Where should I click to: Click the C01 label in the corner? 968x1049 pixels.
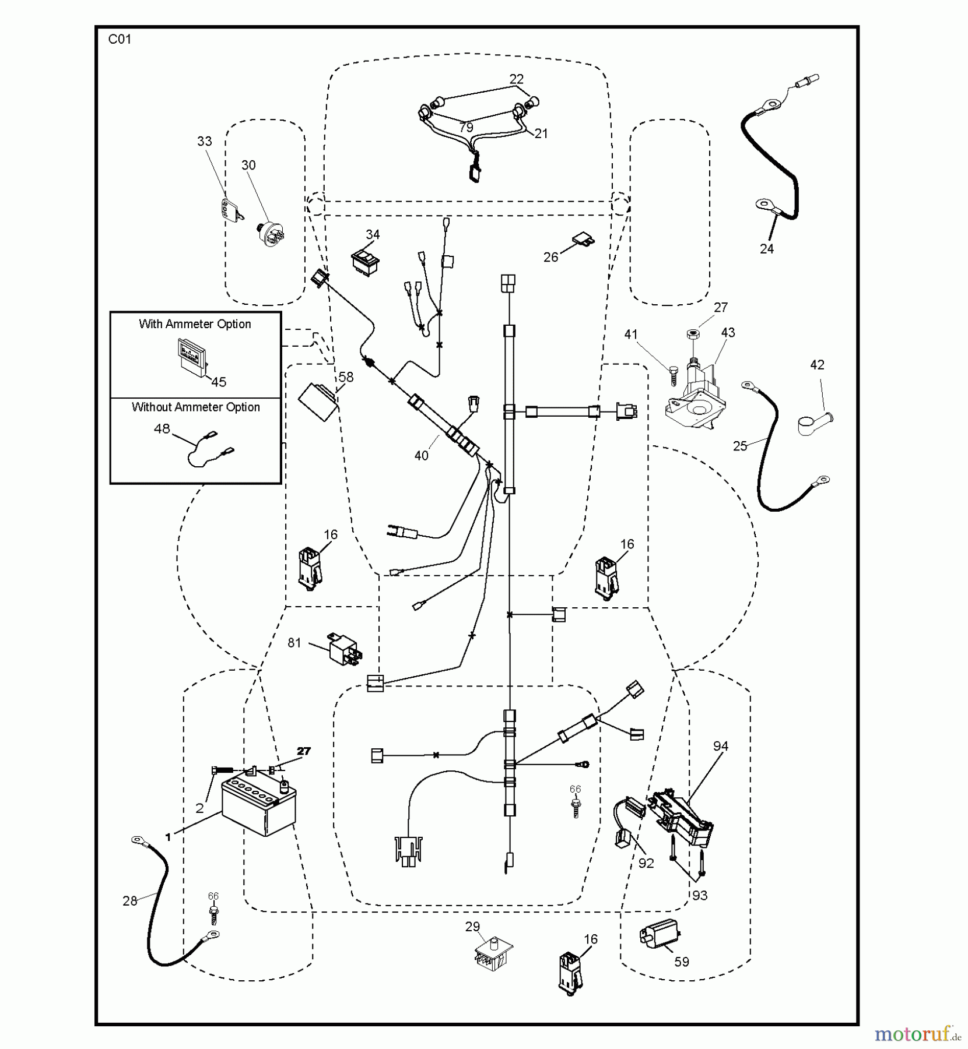pyautogui.click(x=120, y=40)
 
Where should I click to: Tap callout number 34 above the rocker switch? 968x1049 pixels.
pyautogui.click(x=373, y=234)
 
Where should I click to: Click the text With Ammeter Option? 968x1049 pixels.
pyautogui.click(x=195, y=324)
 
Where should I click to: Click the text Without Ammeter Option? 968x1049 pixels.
pyautogui.click(x=195, y=407)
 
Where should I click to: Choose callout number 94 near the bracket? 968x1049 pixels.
pyautogui.click(x=721, y=746)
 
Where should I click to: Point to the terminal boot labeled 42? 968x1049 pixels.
pyautogui.click(x=814, y=423)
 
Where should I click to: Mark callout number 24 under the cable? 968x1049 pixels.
pyautogui.click(x=767, y=249)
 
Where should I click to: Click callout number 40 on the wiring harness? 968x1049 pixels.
pyautogui.click(x=421, y=456)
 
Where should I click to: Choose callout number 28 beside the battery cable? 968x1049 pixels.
pyautogui.click(x=129, y=901)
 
